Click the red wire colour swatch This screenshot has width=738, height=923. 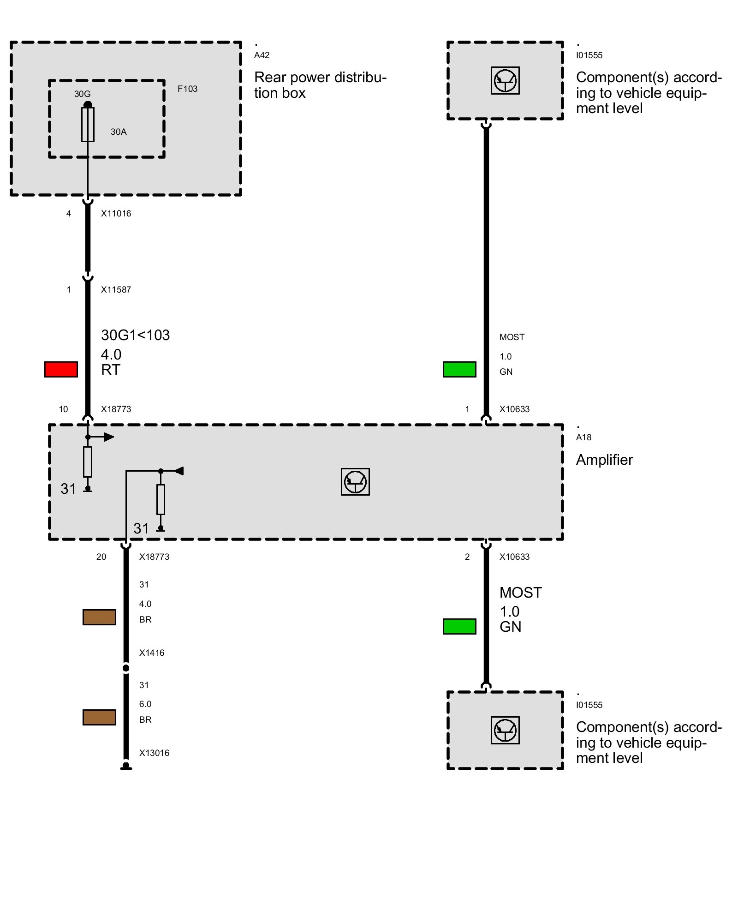tap(61, 369)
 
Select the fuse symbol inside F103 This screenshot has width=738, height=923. tap(88, 124)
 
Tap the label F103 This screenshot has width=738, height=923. tap(187, 89)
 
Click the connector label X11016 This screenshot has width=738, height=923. tap(116, 213)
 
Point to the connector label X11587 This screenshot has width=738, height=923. tap(116, 289)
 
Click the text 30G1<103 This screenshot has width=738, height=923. tap(135, 335)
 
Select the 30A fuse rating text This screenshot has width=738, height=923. tap(118, 132)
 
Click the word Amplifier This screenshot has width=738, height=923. tap(604, 460)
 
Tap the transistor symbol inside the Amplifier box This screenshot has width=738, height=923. tap(355, 482)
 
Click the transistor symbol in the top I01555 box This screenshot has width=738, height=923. tap(505, 81)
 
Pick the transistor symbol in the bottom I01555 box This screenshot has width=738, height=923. tap(505, 730)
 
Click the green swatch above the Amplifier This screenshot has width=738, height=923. tap(459, 369)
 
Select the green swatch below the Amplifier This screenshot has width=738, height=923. tap(459, 626)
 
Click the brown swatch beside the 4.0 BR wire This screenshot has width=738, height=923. tap(99, 617)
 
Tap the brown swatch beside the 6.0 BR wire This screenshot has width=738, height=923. tap(99, 717)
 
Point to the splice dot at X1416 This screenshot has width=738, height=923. tap(126, 668)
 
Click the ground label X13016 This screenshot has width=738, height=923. tap(154, 753)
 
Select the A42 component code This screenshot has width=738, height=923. tap(262, 55)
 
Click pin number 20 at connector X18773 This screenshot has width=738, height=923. tap(101, 557)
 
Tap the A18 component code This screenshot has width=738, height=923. tap(583, 437)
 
